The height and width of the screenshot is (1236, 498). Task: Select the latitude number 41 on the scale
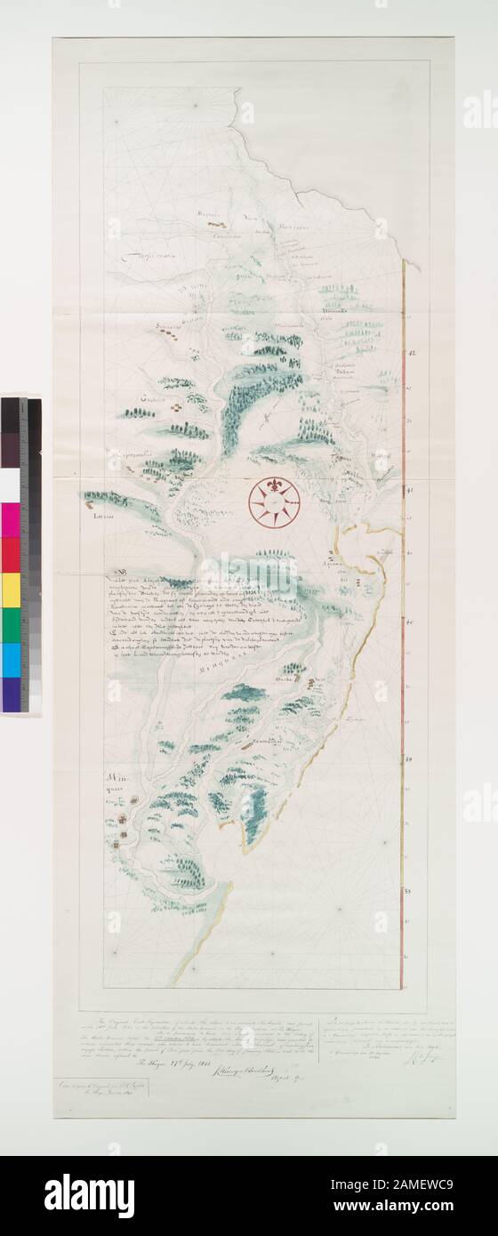coord(410,490)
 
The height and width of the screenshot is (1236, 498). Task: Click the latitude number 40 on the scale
coord(410,622)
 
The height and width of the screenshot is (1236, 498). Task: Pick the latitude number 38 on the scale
coord(410,890)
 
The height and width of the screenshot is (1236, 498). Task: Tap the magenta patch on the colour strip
coord(11,520)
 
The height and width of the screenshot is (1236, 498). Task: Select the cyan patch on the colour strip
coord(11,659)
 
